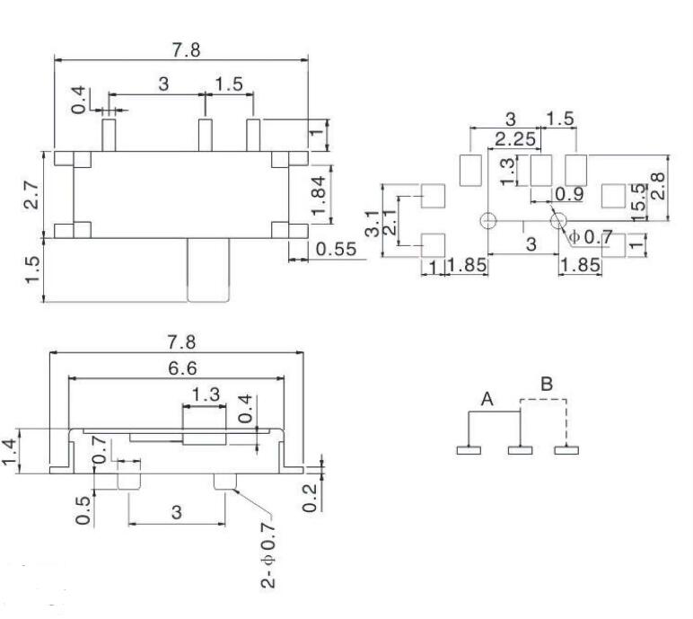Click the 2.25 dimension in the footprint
[x=515, y=139]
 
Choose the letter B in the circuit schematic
[x=547, y=384]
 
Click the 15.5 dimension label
[x=635, y=199]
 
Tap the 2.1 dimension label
[x=389, y=223]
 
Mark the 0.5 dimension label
[x=83, y=508]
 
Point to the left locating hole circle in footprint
[x=488, y=221]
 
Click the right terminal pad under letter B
[x=566, y=449]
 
